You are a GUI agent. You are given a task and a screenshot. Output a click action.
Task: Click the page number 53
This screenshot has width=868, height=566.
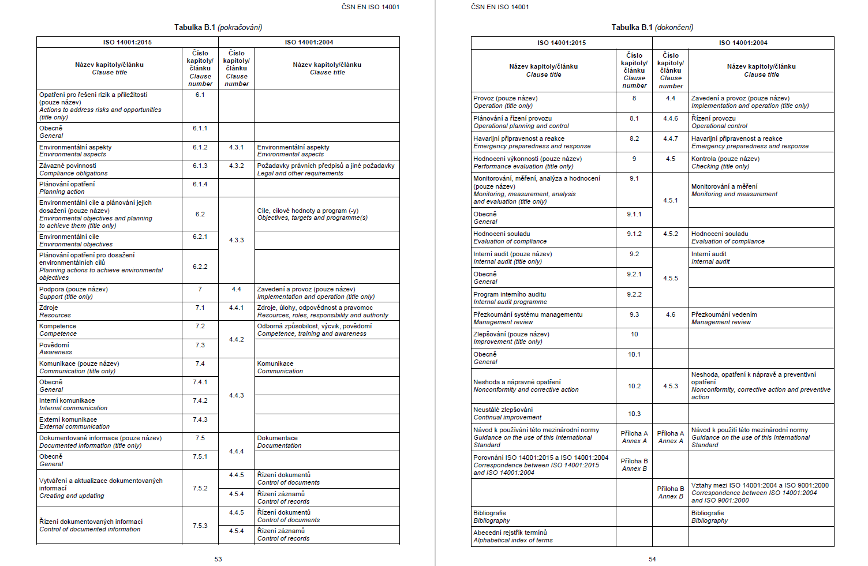pos(218,559)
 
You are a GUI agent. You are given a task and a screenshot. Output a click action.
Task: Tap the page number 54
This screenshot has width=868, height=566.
pos(652,559)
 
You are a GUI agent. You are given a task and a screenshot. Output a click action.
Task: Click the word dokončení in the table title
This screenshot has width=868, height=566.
pos(674,27)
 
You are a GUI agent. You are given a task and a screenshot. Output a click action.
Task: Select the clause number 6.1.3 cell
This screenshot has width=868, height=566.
pos(200,166)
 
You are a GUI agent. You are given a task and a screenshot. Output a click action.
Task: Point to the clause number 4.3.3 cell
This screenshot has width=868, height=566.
pos(237,240)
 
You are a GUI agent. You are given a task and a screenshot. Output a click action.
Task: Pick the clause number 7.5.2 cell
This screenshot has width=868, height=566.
pos(200,488)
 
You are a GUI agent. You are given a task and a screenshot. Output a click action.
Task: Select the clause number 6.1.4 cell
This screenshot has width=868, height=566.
pos(200,184)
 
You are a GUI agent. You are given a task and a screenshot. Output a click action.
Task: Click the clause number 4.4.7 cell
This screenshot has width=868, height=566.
pos(671,138)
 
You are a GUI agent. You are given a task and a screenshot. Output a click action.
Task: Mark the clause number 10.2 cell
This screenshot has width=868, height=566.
pos(634,386)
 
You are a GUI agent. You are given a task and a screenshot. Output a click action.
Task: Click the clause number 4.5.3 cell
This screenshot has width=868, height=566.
pos(671,386)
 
